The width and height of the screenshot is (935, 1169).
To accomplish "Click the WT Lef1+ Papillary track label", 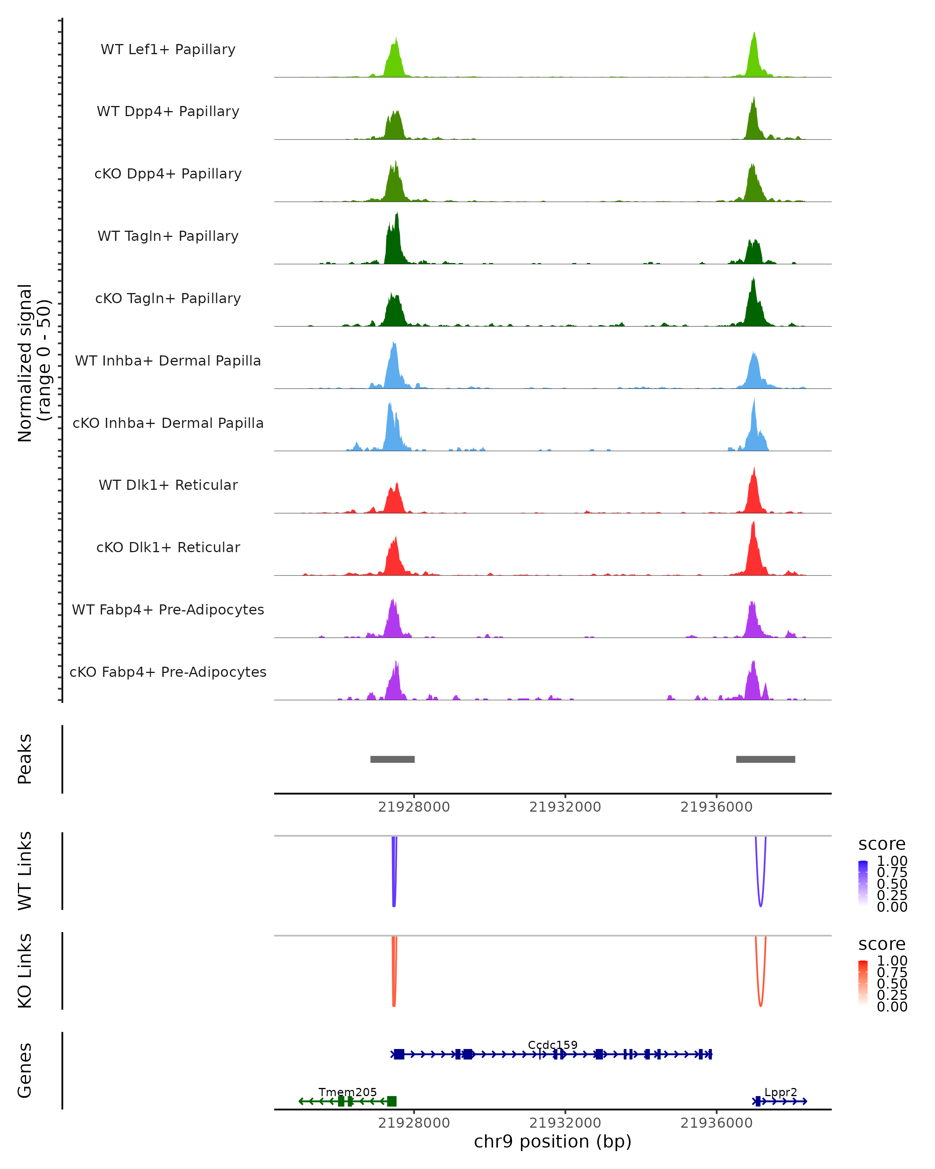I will click(168, 49).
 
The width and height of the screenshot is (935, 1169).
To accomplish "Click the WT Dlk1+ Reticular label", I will click(168, 485).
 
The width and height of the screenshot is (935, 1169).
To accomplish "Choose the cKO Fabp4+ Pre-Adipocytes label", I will click(168, 672).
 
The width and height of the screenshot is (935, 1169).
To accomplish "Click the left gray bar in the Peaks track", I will click(392, 759).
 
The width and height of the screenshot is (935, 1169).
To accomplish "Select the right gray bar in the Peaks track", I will click(766, 759).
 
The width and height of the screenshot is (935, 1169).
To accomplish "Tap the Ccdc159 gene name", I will click(553, 1045).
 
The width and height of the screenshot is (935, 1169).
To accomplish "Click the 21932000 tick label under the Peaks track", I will click(565, 807).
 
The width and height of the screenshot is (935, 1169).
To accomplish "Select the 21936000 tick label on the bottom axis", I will click(716, 1123).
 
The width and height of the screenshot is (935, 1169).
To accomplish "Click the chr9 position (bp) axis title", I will click(553, 1142).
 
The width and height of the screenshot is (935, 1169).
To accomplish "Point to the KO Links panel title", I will click(25, 971).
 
